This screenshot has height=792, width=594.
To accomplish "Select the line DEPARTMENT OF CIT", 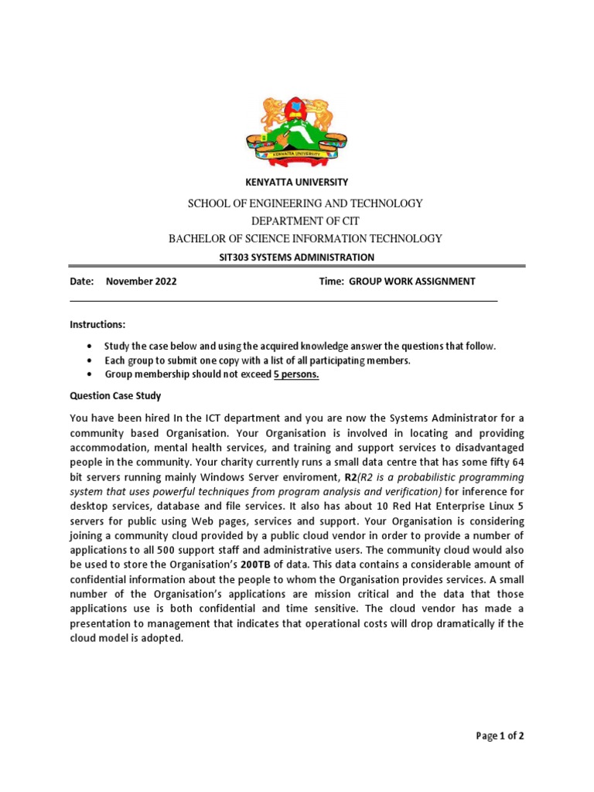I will coord(297,221).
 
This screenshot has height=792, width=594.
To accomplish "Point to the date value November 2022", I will coord(141,282).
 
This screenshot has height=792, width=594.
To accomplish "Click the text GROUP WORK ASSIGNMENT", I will coord(411,282).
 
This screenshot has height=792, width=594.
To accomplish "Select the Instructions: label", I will coord(97,324).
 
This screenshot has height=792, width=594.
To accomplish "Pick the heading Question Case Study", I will coord(115,396).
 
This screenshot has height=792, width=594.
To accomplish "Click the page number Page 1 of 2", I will coord(500,736).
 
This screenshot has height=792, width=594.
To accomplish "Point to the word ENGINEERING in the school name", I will coord(288,203).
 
